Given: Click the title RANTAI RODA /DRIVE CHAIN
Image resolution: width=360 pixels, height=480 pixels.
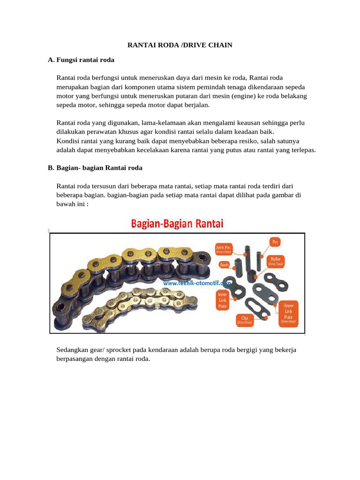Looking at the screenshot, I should coord(180,45).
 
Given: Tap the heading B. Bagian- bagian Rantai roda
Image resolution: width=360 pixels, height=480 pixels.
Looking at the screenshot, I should coord(95,167).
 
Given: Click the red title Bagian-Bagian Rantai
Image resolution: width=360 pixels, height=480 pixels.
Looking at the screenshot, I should coord(177,224).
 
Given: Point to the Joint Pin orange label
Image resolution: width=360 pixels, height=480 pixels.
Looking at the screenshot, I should coord(224,248).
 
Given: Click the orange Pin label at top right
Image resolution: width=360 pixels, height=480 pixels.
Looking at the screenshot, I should coord(275,242).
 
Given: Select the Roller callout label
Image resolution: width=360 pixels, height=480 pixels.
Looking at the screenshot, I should coord(276,261).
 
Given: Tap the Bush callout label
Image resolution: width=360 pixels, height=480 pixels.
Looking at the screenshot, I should coord(225,264).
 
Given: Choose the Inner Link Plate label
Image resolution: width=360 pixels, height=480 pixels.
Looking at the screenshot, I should coord(222,300).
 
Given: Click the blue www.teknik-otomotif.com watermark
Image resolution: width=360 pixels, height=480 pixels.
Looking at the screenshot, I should coord(197,284).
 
